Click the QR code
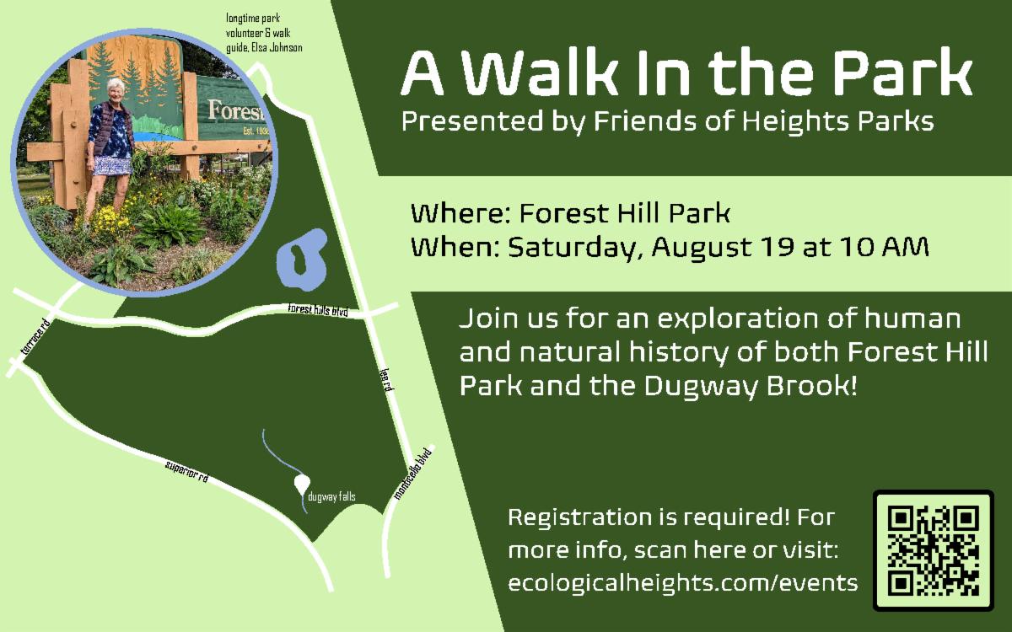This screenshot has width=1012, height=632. (934, 551)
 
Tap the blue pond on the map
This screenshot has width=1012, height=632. (301, 260)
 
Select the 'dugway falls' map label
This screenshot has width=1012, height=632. (331, 497)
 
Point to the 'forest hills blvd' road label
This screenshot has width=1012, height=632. (318, 310)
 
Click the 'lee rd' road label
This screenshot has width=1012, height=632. (387, 378)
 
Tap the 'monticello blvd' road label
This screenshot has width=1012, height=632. (412, 473)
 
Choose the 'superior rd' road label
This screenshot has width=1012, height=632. (187, 471)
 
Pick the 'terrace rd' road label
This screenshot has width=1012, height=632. (35, 336)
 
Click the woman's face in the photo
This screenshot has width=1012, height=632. (116, 90)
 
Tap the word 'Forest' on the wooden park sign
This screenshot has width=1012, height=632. (237, 111)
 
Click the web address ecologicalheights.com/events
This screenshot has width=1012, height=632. (682, 582)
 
